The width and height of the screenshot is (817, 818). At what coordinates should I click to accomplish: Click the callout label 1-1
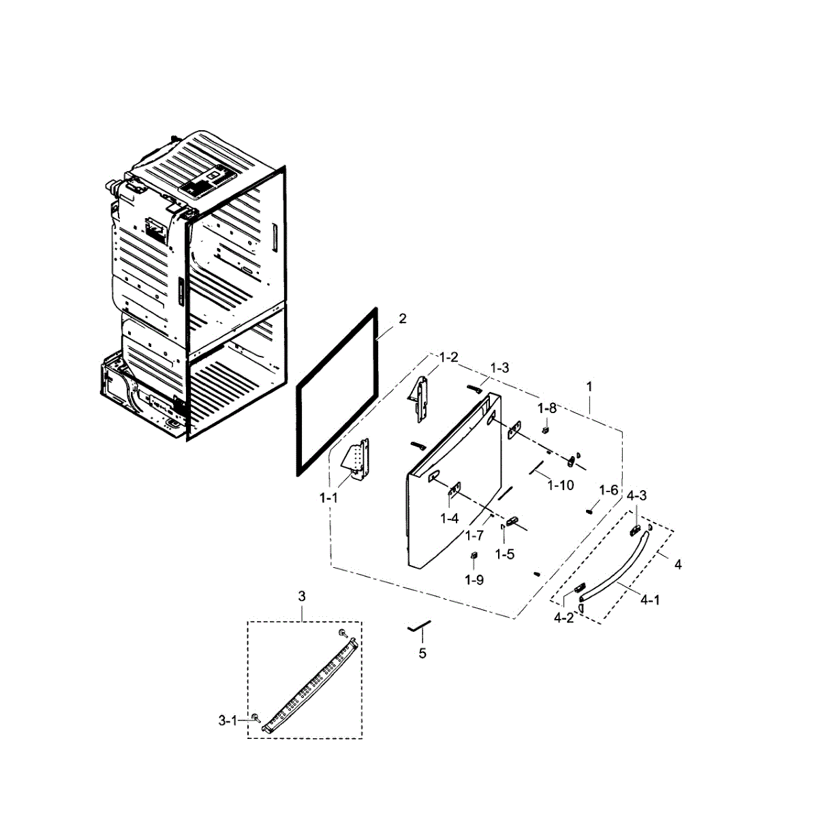[x=328, y=498]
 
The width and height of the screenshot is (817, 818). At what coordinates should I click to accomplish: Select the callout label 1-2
[x=448, y=357]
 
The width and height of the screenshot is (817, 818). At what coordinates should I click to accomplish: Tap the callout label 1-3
[x=499, y=367]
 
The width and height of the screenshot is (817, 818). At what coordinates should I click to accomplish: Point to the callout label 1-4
[x=449, y=519]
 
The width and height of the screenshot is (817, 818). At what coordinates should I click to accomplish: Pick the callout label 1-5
[x=505, y=554]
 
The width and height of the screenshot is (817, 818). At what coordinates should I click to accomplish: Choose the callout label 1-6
[x=608, y=490]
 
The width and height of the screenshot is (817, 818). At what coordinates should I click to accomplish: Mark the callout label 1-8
[x=546, y=408]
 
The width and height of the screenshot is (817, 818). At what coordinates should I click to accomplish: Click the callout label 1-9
[x=474, y=579]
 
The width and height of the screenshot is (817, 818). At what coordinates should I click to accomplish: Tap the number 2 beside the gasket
[x=403, y=318]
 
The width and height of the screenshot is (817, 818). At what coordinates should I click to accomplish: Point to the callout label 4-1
[x=650, y=600]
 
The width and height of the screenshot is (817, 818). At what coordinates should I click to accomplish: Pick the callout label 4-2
[x=564, y=618]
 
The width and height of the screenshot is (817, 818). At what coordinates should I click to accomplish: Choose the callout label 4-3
[x=637, y=496]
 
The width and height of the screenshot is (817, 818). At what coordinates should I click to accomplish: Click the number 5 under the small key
[x=422, y=653]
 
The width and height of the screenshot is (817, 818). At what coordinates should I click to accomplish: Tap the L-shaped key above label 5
[x=419, y=626]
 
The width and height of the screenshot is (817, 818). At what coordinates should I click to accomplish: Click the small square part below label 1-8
[x=546, y=430]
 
